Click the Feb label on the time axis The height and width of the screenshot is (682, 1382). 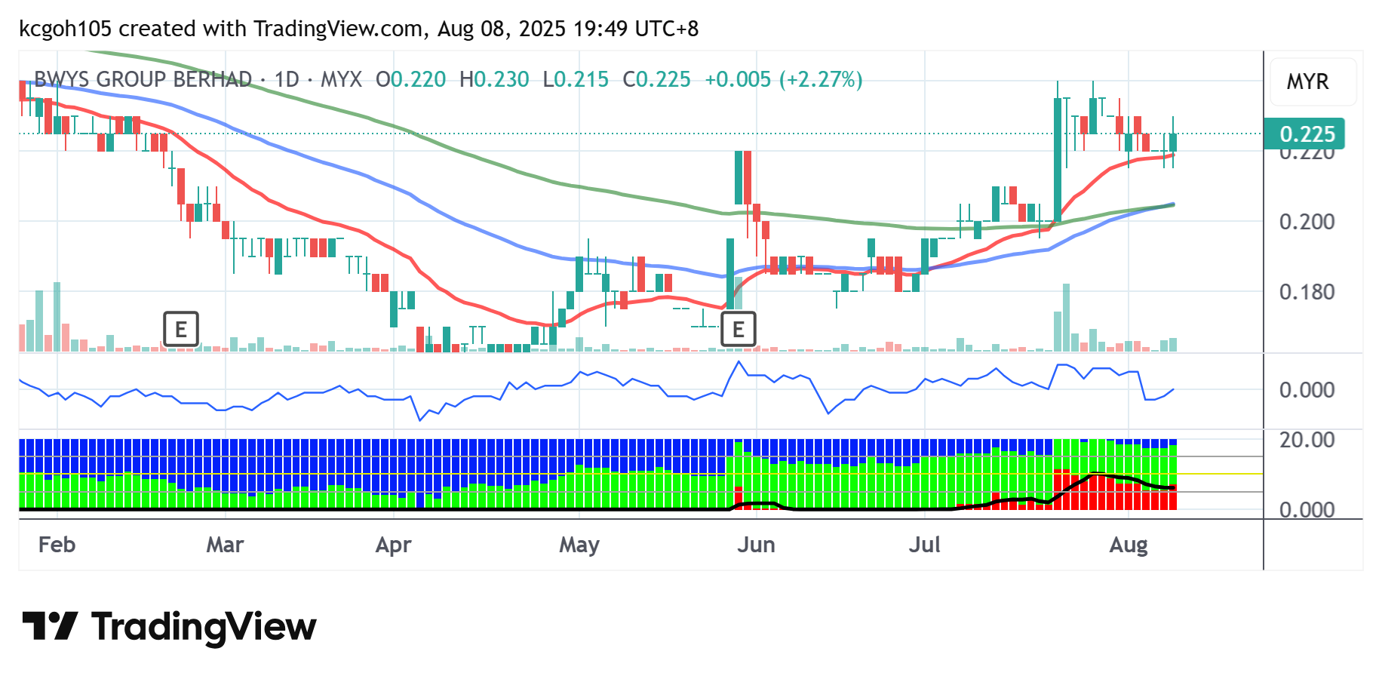pos(57,545)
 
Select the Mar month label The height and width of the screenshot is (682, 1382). pos(225,545)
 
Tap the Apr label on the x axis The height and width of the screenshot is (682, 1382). pos(393,545)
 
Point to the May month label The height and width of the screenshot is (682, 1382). pos(579,545)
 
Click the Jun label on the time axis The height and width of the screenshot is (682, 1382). pos(756,545)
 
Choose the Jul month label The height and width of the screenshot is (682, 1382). pos(924,545)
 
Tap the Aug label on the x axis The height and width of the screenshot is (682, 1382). pos(1128,545)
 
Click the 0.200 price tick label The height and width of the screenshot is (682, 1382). pos(1307,222)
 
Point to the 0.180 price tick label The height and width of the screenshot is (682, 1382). pos(1307,292)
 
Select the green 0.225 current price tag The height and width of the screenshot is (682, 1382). pos(1307,134)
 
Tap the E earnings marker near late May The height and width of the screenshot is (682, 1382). pos(738,329)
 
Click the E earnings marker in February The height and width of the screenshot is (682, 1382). pos(181,329)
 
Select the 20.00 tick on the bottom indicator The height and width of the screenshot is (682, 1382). pos(1307,440)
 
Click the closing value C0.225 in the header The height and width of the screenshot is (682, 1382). pos(656,79)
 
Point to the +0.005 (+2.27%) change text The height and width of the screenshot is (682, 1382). pos(783,79)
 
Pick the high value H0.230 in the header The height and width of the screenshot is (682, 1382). pos(494,79)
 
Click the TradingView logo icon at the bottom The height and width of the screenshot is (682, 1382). pos(50,626)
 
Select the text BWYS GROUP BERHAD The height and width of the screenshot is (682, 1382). pos(143,79)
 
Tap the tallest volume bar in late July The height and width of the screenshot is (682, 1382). pos(1066,317)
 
